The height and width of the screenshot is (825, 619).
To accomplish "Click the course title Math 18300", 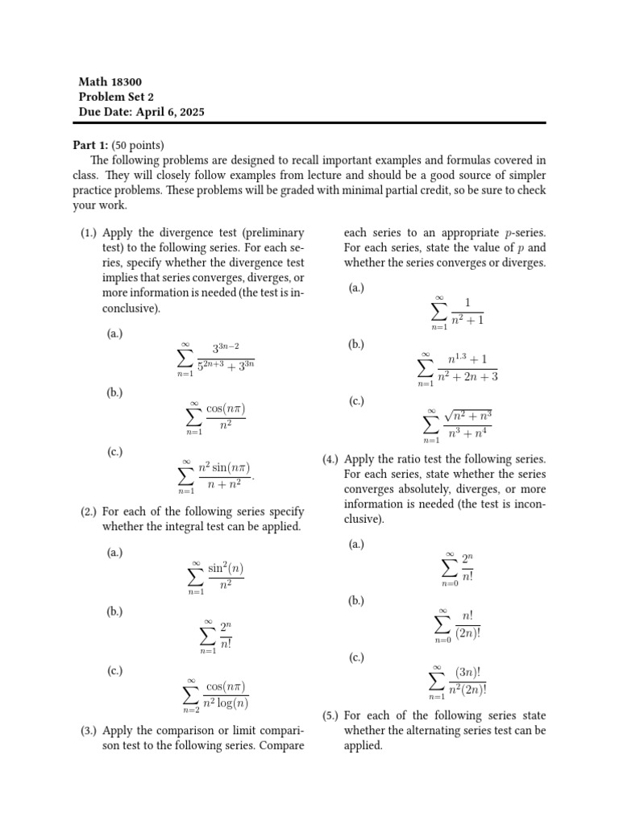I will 110,82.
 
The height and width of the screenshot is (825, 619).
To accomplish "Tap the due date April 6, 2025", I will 141,113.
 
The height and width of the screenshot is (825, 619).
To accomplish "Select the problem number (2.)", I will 89,512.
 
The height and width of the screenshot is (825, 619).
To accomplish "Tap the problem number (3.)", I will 89,731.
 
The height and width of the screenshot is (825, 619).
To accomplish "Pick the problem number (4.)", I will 330,459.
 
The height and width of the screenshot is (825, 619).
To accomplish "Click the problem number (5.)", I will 330,715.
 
